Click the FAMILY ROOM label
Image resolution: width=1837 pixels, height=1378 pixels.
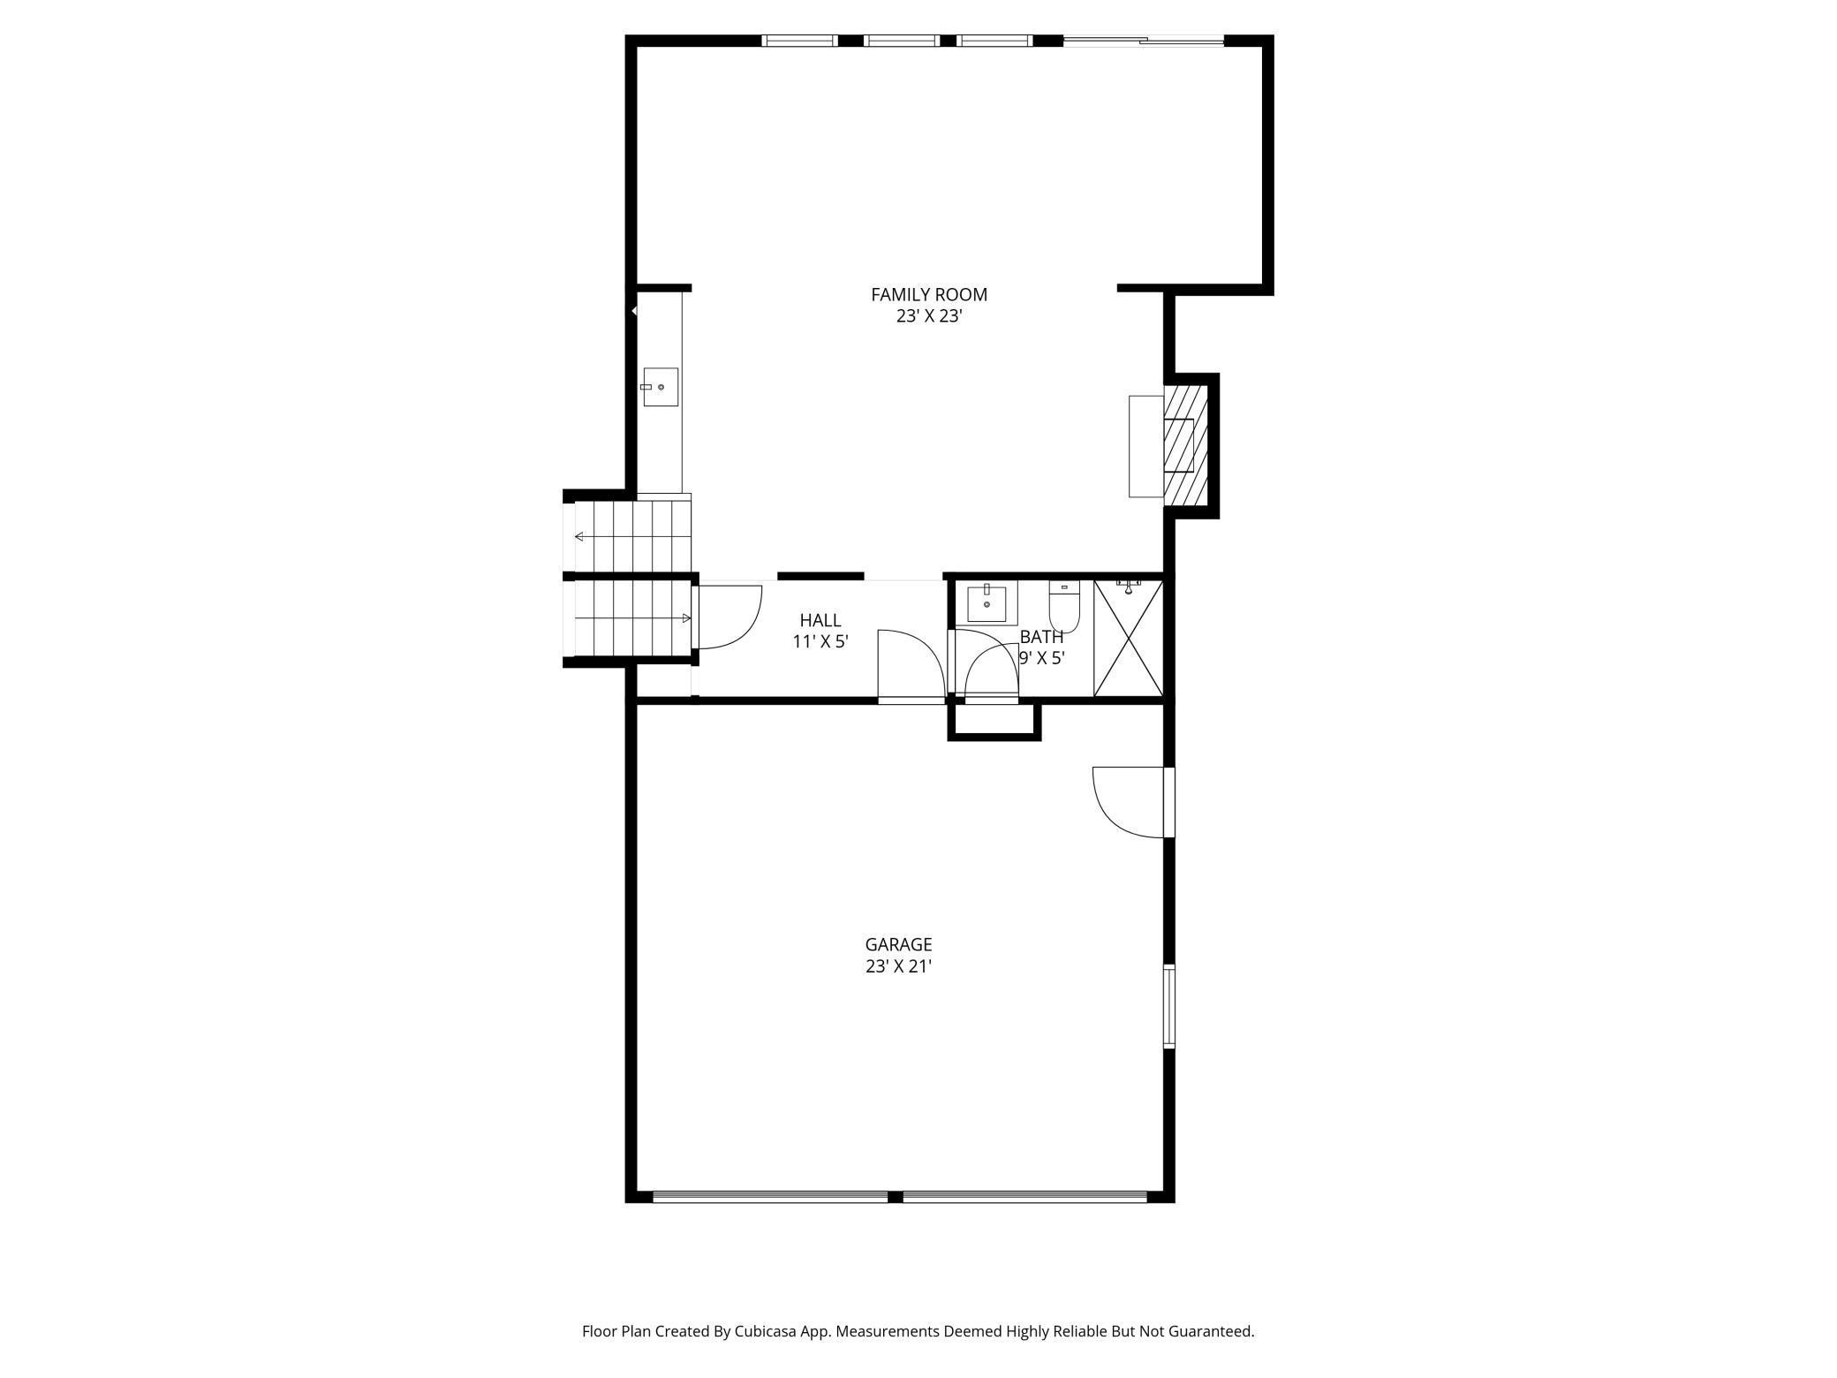coord(928,295)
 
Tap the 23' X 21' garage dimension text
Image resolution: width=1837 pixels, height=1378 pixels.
coord(898,966)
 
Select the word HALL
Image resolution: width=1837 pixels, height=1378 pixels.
coord(820,620)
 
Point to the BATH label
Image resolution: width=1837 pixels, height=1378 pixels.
coord(1041,637)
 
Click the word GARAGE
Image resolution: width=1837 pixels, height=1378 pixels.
coord(898,944)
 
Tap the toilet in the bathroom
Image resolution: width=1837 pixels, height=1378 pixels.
coord(1064,607)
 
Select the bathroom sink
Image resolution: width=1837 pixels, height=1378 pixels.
coord(987,602)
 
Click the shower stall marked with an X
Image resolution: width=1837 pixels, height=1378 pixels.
coord(1129,639)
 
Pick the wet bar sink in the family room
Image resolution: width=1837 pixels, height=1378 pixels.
coord(660,387)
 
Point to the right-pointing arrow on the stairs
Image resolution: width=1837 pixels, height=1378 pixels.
coord(631,618)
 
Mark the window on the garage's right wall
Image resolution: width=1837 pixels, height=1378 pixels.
coord(1169,1006)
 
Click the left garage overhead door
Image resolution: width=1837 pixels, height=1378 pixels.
coord(770,1197)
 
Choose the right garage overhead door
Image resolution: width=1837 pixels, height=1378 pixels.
coord(1024,1197)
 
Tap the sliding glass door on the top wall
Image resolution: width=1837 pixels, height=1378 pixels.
coord(1144,41)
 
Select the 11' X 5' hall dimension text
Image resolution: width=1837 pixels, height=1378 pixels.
coord(820,642)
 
